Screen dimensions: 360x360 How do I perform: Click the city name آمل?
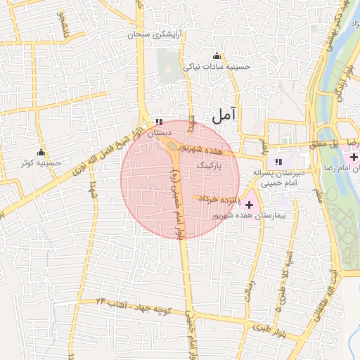pos(225,114)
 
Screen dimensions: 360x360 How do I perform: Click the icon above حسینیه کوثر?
pos(41,153)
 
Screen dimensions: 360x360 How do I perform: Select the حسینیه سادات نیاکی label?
pos(217,67)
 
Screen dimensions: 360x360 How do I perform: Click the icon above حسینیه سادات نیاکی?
pos(216,56)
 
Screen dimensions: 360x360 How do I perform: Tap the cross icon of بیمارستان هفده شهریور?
pos(248,204)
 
